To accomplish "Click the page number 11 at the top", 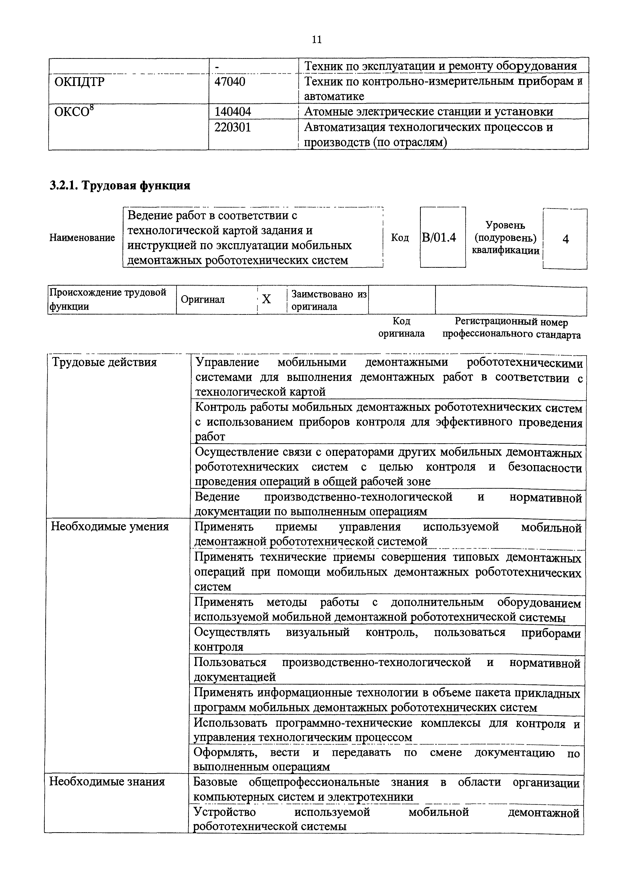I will coord(317,39).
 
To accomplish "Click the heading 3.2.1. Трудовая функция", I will coord(120,186).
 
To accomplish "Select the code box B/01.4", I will coord(439,238).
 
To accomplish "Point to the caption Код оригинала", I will coord(401,327).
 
